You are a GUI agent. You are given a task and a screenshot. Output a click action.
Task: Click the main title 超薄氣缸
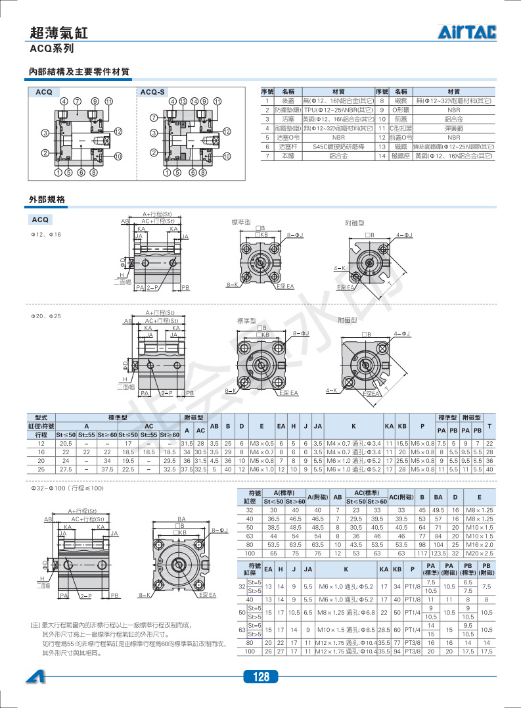point(58,33)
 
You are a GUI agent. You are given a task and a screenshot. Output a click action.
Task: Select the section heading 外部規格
point(47,199)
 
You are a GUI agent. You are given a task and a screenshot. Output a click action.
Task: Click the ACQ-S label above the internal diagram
point(153,93)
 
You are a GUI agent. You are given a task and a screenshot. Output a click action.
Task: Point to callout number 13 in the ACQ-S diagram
point(183,102)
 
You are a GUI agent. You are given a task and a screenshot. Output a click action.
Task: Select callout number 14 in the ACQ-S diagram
point(194,102)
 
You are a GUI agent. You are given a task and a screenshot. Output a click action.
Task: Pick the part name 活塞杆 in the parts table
point(288,147)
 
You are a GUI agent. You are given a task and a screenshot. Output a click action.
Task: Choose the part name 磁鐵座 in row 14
point(400,156)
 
